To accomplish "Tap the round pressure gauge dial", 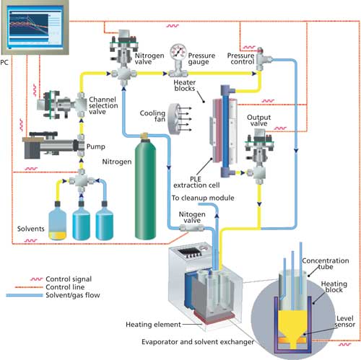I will pos(176,53).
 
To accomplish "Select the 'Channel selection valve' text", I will pos(108,105).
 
